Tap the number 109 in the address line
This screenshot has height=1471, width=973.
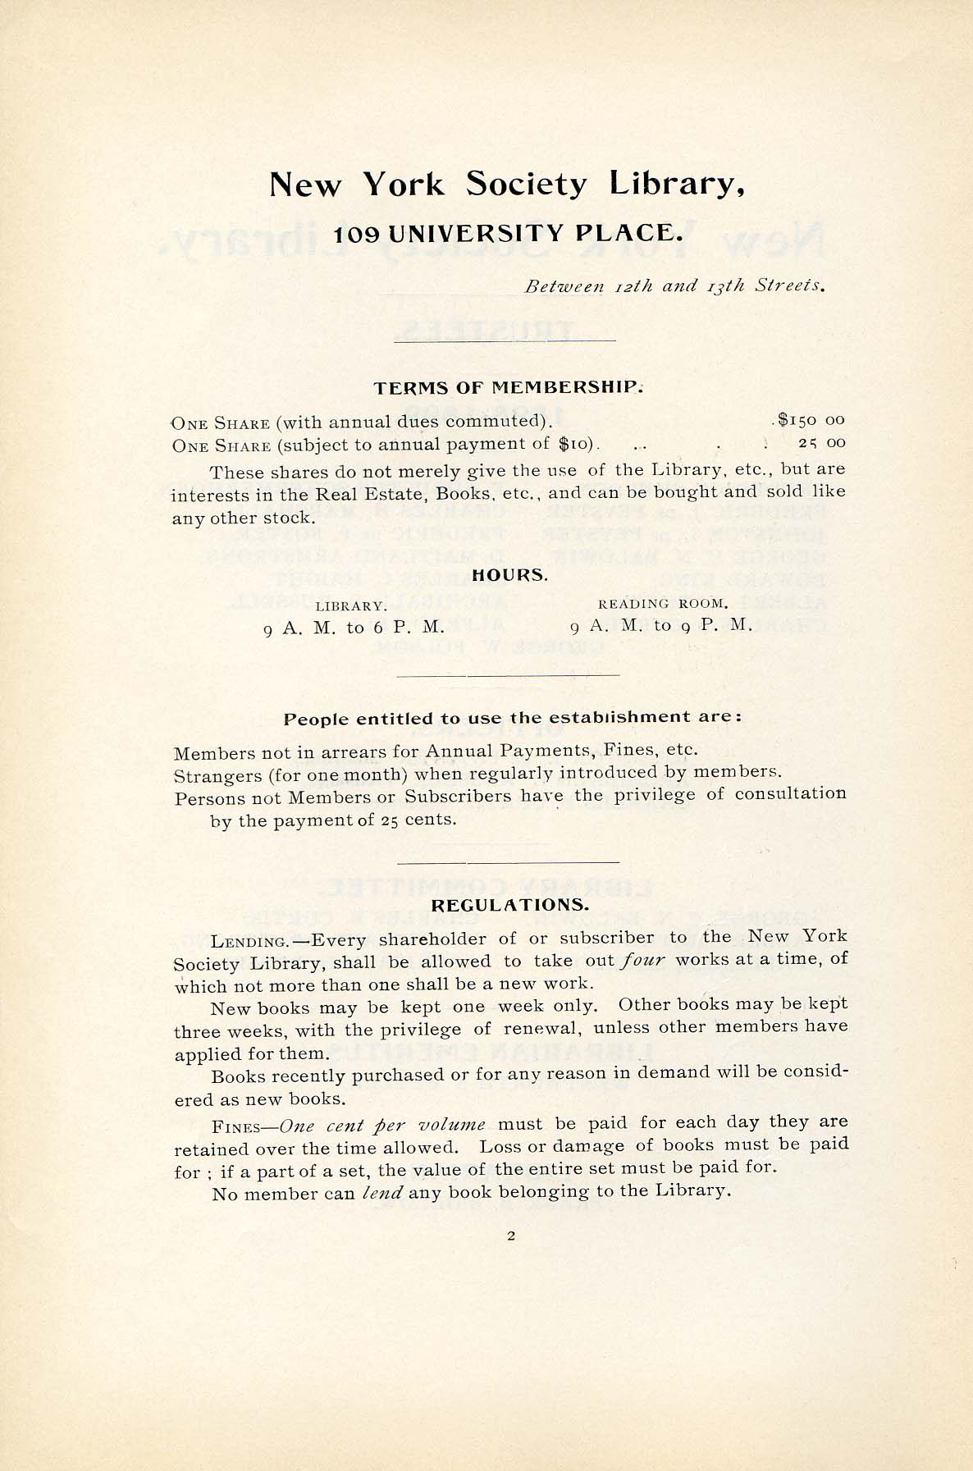(x=357, y=235)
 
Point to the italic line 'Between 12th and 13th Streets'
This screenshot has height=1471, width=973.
(x=674, y=286)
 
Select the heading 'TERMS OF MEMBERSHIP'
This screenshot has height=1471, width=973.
(x=508, y=387)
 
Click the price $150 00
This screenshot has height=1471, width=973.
(x=811, y=420)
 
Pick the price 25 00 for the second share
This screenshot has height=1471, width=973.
(x=821, y=443)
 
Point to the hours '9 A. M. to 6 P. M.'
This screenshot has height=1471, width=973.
(x=354, y=628)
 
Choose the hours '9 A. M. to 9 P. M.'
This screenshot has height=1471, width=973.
(x=660, y=625)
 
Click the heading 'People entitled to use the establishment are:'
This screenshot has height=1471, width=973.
(x=513, y=718)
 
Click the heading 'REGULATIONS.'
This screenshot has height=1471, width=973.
(x=509, y=906)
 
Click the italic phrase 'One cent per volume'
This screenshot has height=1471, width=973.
(x=382, y=1125)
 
